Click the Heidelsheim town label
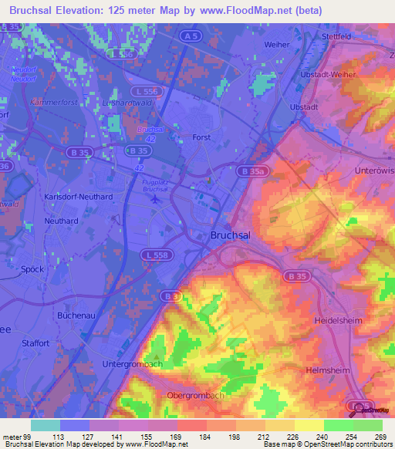(x=339, y=319)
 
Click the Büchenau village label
(x=76, y=316)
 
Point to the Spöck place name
(x=32, y=269)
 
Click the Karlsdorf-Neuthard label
(x=79, y=197)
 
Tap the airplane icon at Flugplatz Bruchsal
(x=154, y=199)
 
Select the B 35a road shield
(x=252, y=170)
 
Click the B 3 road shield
(x=170, y=295)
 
